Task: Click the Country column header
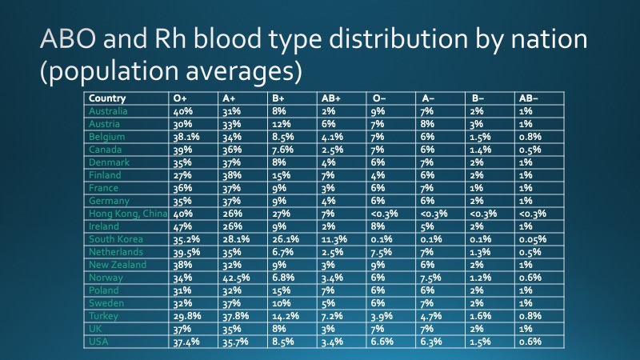click(x=107, y=98)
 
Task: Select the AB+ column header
click(x=330, y=98)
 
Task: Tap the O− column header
click(x=379, y=98)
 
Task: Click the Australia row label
click(x=108, y=111)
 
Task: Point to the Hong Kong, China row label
click(x=128, y=214)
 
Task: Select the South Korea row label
click(x=116, y=239)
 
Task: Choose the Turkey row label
click(x=103, y=316)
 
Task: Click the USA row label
click(x=98, y=342)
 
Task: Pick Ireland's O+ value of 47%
click(x=182, y=226)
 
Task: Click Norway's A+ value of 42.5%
click(x=236, y=278)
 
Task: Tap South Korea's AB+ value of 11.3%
click(x=334, y=239)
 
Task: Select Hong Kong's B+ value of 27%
click(x=281, y=214)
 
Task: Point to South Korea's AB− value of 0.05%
click(x=533, y=239)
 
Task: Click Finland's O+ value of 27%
click(x=182, y=175)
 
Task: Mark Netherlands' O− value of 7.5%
click(x=382, y=252)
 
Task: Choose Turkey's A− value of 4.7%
click(x=431, y=316)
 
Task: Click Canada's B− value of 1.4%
click(x=481, y=150)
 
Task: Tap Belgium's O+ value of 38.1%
click(x=186, y=137)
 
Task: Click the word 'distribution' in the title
click(x=398, y=38)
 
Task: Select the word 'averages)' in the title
click(x=244, y=70)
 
